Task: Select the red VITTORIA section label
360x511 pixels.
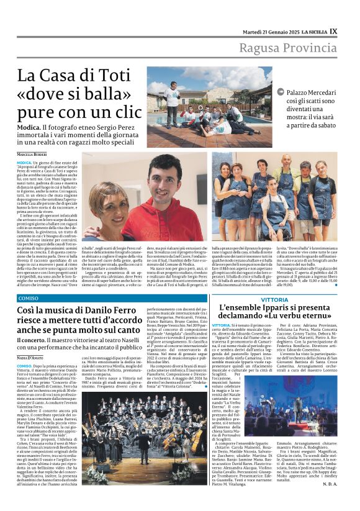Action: [274, 299]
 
